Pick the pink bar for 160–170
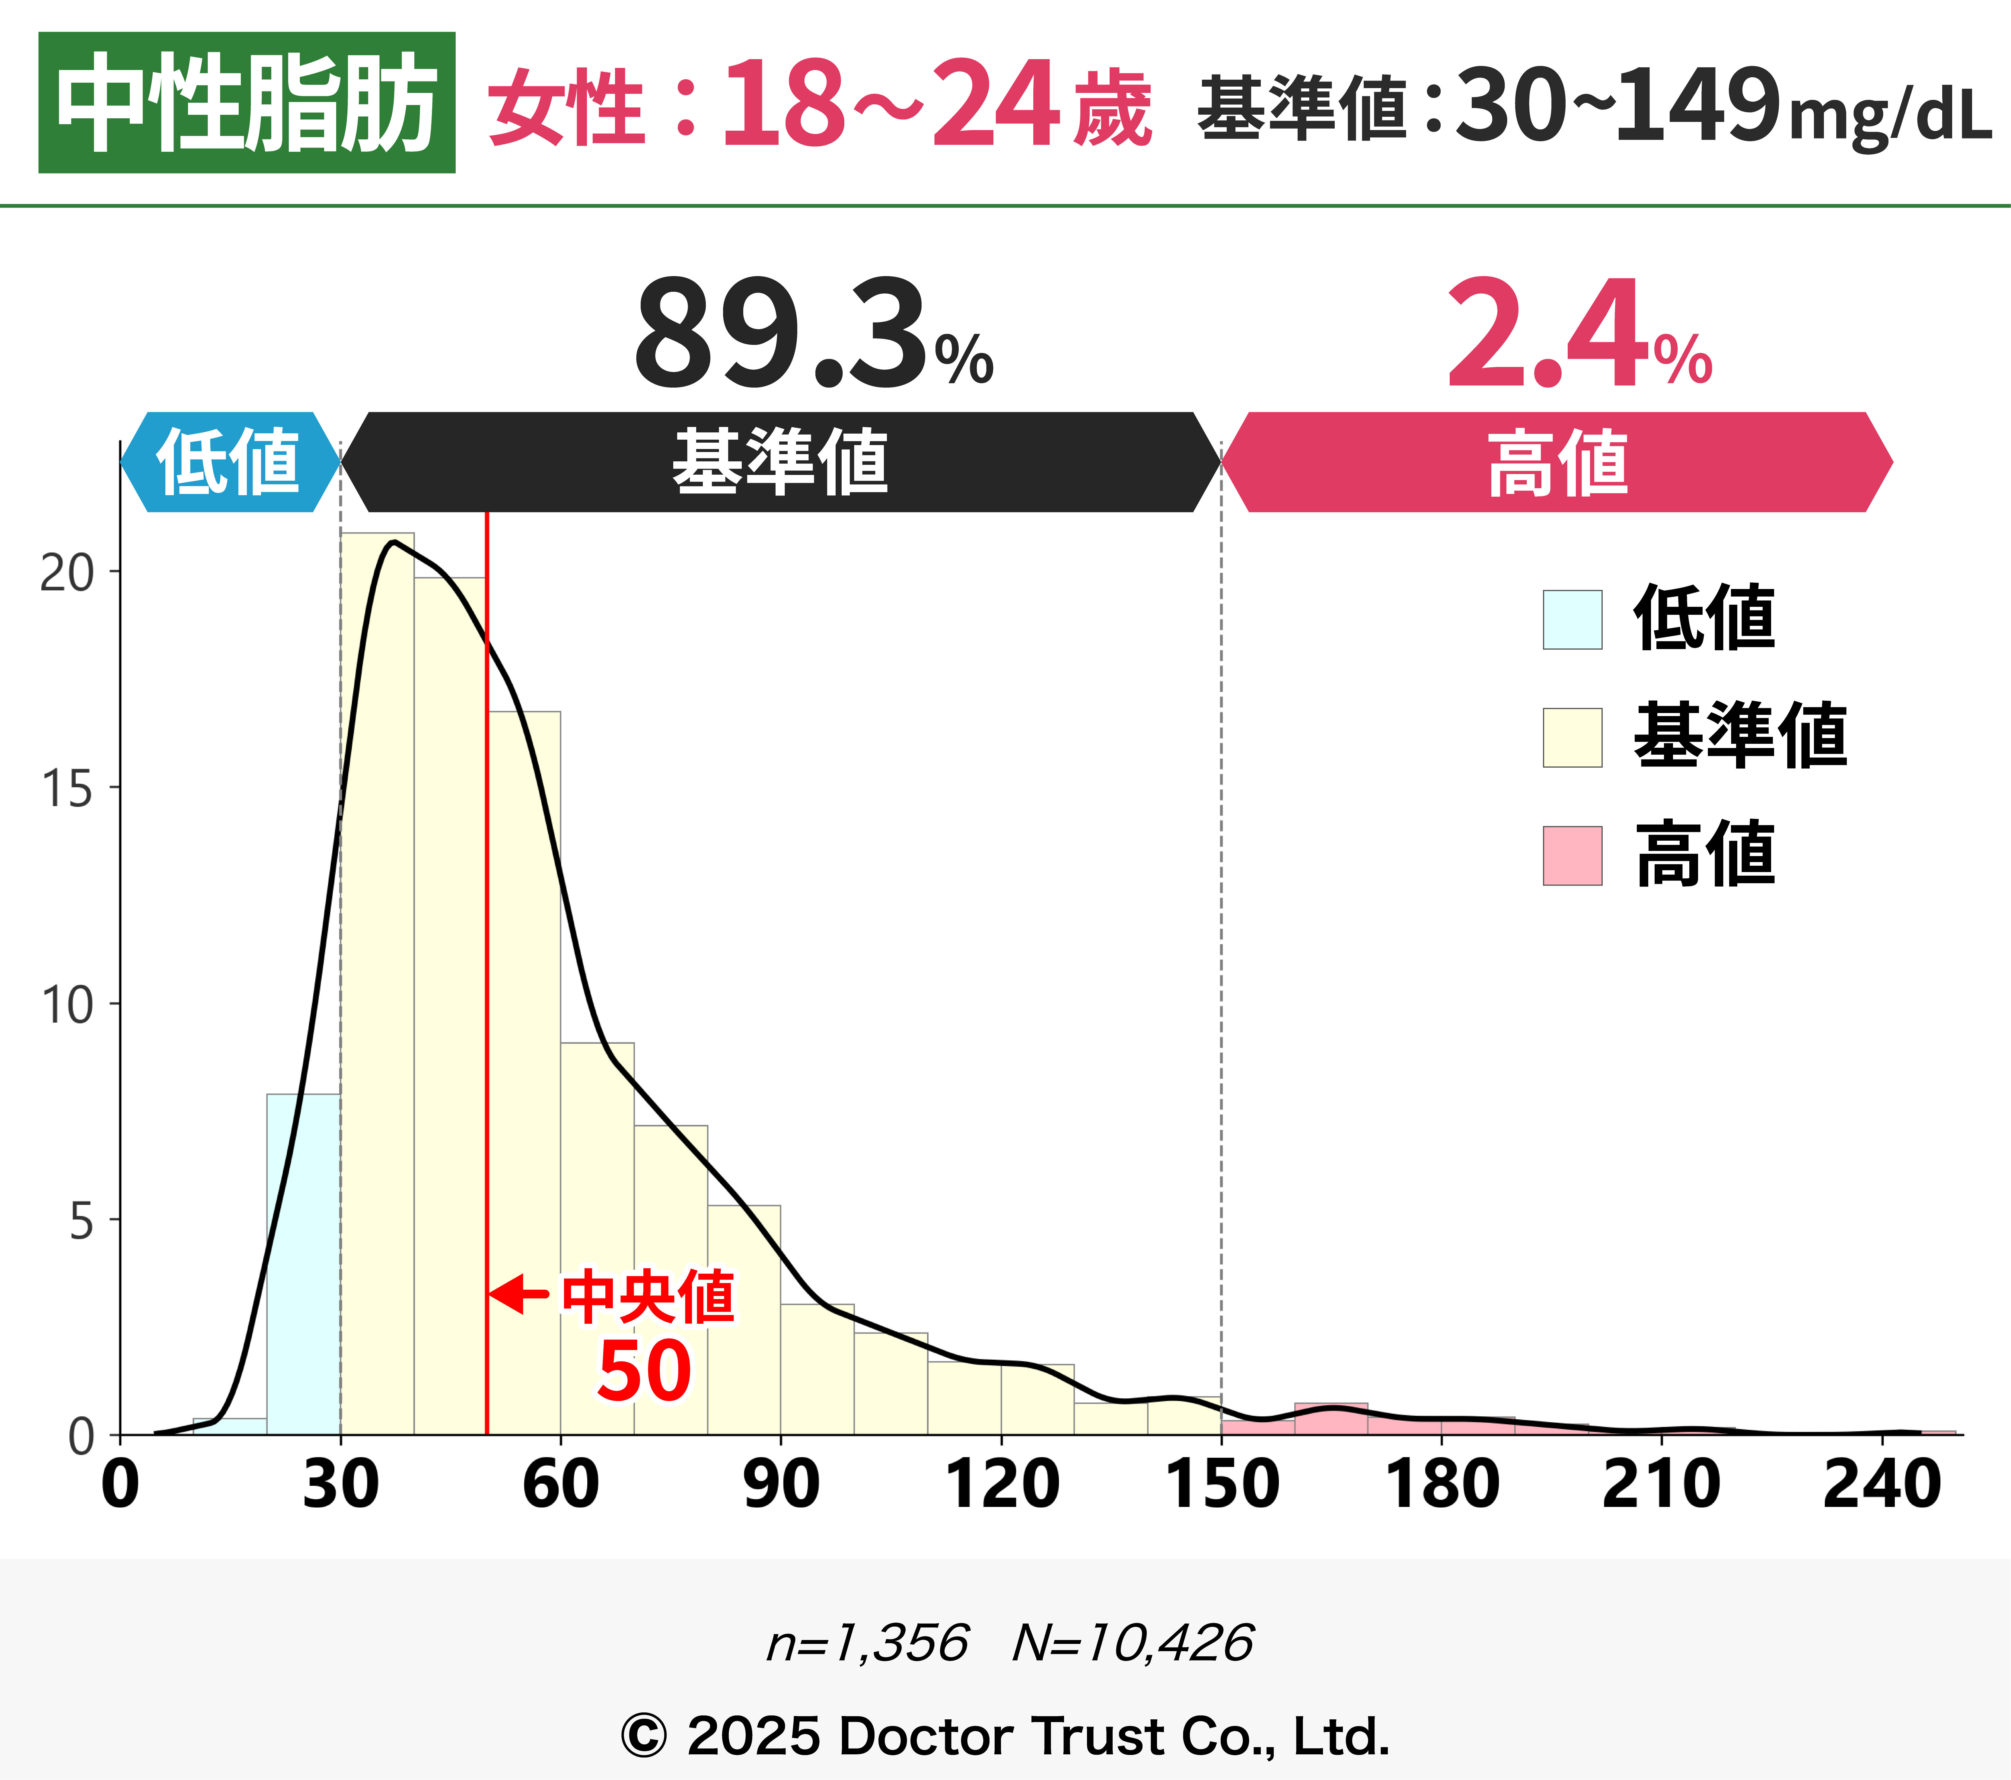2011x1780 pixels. pos(1330,1419)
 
